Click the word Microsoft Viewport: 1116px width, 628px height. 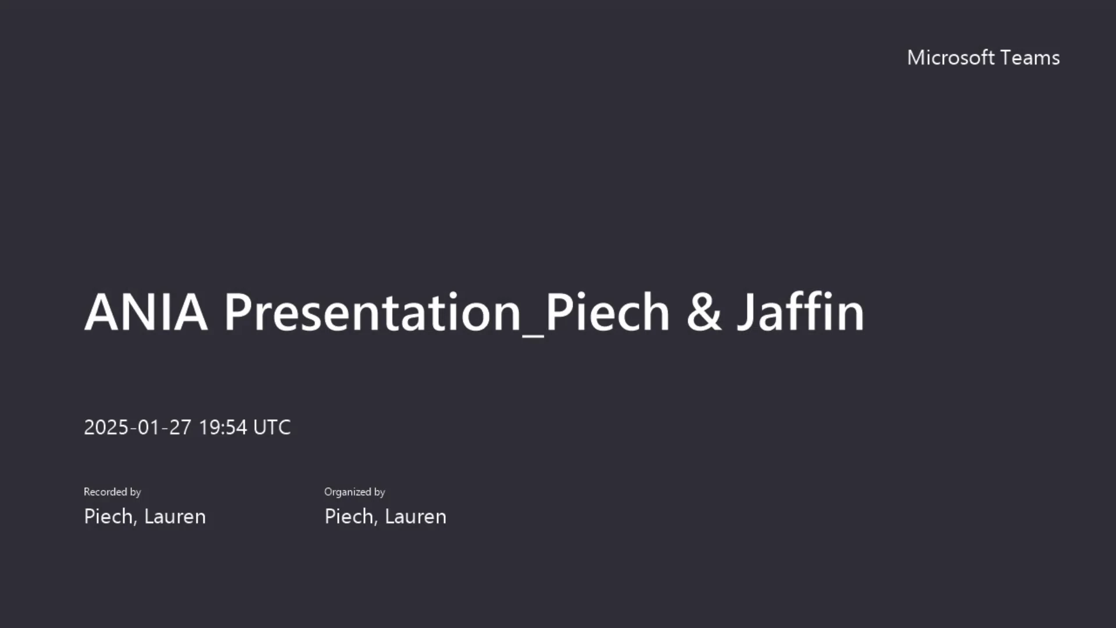pyautogui.click(x=951, y=57)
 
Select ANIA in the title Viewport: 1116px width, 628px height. pyautogui.click(x=146, y=312)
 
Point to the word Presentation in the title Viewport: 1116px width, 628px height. pyautogui.click(x=373, y=312)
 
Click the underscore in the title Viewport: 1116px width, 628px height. pyautogui.click(x=533, y=336)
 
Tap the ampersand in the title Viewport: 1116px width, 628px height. pyautogui.click(x=704, y=312)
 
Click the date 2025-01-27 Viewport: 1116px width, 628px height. pyautogui.click(x=138, y=427)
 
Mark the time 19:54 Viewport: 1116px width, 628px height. pyautogui.click(x=223, y=427)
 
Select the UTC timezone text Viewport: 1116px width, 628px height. pyautogui.click(x=272, y=427)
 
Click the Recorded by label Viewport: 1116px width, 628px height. pyautogui.click(x=112, y=492)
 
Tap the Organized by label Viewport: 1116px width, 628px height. pyautogui.click(x=355, y=492)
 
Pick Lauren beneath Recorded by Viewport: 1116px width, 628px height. pyautogui.click(x=175, y=516)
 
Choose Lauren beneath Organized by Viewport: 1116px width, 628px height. pyautogui.click(x=416, y=516)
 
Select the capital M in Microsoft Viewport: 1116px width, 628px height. pyautogui.click(x=915, y=58)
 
